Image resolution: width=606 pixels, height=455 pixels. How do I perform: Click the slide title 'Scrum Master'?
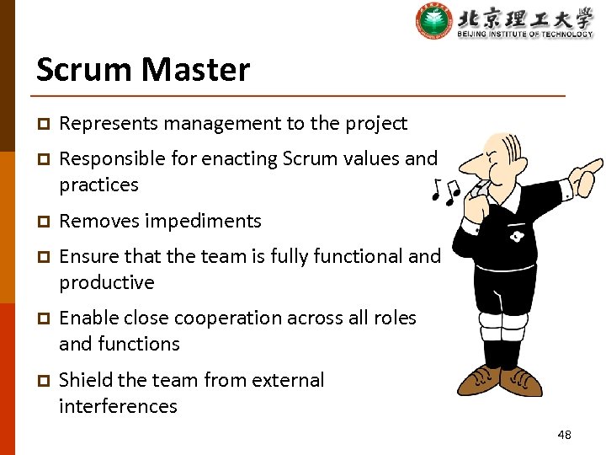point(143,69)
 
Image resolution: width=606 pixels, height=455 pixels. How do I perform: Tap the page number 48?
point(564,435)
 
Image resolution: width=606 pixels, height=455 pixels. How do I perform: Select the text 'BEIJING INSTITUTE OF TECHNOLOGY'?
point(525,34)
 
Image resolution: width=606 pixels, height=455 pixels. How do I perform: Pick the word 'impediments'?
point(203,222)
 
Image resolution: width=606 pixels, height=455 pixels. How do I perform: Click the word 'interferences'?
point(118,406)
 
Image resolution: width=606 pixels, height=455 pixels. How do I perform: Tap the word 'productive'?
point(107,283)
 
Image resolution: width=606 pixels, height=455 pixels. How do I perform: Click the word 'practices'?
point(98,185)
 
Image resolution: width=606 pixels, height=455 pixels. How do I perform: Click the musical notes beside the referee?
point(444,192)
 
